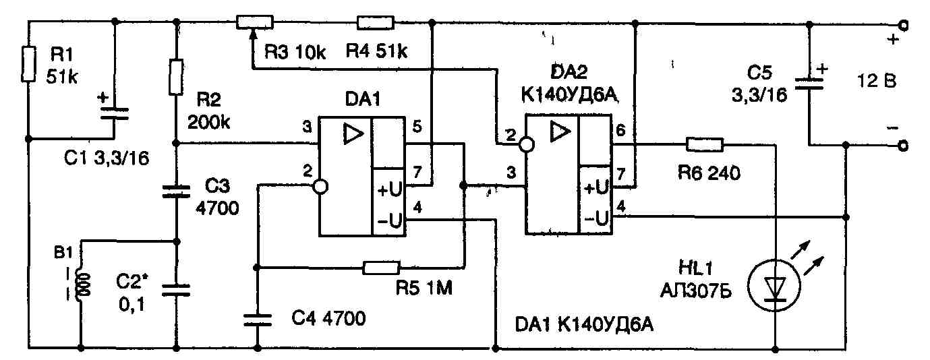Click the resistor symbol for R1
pyautogui.click(x=27, y=63)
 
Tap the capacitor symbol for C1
pyautogui.click(x=113, y=113)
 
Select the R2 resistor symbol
pyautogui.click(x=176, y=77)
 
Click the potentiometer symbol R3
pyautogui.click(x=256, y=23)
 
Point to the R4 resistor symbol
pyautogui.click(x=375, y=23)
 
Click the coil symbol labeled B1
pyautogui.click(x=84, y=284)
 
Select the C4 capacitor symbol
pyautogui.click(x=257, y=318)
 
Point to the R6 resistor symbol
pyautogui.click(x=704, y=144)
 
